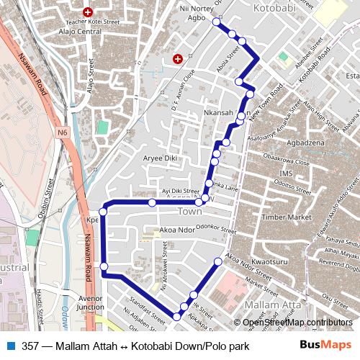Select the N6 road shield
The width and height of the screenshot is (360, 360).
click(x=63, y=132)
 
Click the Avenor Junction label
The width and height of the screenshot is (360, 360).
click(x=91, y=302)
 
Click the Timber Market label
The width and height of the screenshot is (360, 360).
click(x=286, y=217)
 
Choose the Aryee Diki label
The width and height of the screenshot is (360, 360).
click(x=160, y=158)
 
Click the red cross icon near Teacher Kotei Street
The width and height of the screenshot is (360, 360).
click(x=88, y=12)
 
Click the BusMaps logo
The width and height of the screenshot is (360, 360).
click(x=325, y=346)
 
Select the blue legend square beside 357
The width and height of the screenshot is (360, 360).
click(x=9, y=346)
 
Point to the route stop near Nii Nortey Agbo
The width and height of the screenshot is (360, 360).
click(x=215, y=22)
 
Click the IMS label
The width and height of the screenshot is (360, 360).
click(x=287, y=174)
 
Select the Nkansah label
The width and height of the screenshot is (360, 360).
click(x=219, y=113)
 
